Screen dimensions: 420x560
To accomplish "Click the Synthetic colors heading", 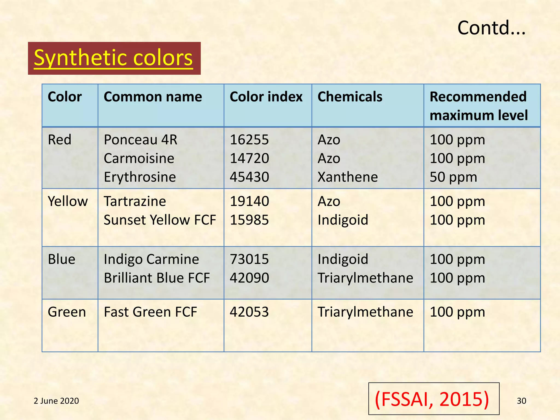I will pyautogui.click(x=113, y=58).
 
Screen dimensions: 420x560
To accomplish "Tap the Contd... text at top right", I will pyautogui.click(x=491, y=28).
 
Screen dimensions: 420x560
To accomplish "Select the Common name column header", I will pyautogui.click(x=153, y=97).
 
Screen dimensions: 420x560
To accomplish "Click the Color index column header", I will pyautogui.click(x=266, y=97).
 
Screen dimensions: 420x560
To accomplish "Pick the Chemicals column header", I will pyautogui.click(x=350, y=97).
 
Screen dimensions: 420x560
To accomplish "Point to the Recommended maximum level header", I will pyautogui.click(x=479, y=106).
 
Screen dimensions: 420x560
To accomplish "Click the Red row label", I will pyautogui.click(x=60, y=140).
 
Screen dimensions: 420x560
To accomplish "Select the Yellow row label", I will pyautogui.click(x=68, y=201).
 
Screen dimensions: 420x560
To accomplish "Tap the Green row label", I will pyautogui.click(x=67, y=312).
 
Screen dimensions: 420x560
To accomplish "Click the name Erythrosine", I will pyautogui.click(x=140, y=177).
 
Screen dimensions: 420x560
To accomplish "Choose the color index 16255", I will pyautogui.click(x=249, y=140).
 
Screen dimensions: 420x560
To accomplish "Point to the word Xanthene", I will pyautogui.click(x=348, y=177).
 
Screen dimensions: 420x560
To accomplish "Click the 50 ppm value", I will pyautogui.click(x=453, y=177).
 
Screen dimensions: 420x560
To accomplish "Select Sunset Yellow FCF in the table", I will pyautogui.click(x=160, y=220).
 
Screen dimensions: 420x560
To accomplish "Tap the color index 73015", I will pyautogui.click(x=249, y=259).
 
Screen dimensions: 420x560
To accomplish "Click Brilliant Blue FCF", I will pyautogui.click(x=157, y=278).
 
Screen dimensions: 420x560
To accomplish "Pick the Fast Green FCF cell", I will pyautogui.click(x=150, y=312).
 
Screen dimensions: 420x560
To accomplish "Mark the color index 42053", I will pyautogui.click(x=249, y=312).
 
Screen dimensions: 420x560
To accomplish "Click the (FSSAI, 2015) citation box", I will pyautogui.click(x=434, y=399).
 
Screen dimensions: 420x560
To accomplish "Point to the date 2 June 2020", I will pyautogui.click(x=56, y=401).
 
